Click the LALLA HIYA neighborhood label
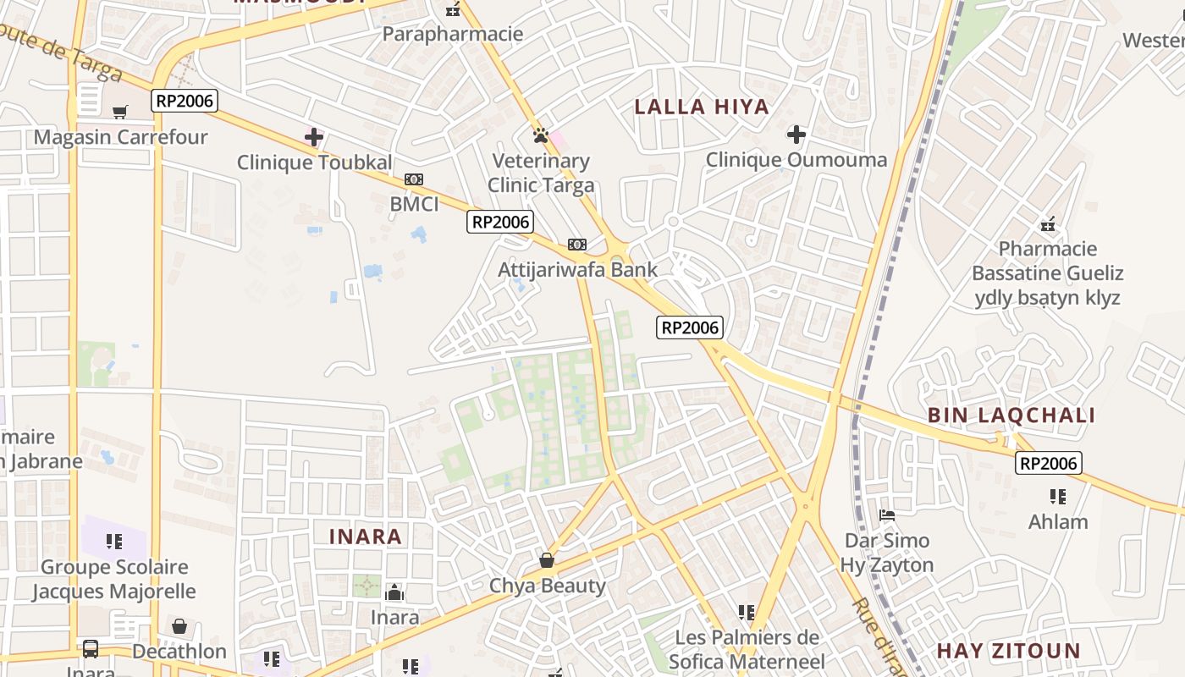pyautogui.click(x=702, y=107)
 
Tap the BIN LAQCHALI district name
pyautogui.click(x=1011, y=416)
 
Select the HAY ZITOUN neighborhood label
pyautogui.click(x=1008, y=651)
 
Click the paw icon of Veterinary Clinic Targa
pyautogui.click(x=541, y=135)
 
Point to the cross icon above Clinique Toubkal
pyautogui.click(x=314, y=136)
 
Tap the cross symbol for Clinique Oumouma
pyautogui.click(x=796, y=134)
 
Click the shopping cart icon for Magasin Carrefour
pyautogui.click(x=120, y=112)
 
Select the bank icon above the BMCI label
pyautogui.click(x=414, y=179)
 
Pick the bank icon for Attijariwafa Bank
pyautogui.click(x=577, y=245)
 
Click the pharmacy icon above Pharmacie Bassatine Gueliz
pyautogui.click(x=1048, y=224)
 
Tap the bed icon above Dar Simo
pyautogui.click(x=887, y=515)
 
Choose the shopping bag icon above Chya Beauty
pyautogui.click(x=547, y=560)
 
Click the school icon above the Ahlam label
pyautogui.click(x=1057, y=496)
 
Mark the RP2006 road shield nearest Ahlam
pyautogui.click(x=1049, y=463)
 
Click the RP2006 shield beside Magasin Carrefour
pyautogui.click(x=185, y=101)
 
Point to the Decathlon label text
pyautogui.click(x=179, y=652)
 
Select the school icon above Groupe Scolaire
pyautogui.click(x=114, y=541)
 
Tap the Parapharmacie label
pyautogui.click(x=453, y=34)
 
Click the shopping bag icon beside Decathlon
pyautogui.click(x=179, y=626)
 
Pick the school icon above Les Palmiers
pyautogui.click(x=746, y=612)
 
